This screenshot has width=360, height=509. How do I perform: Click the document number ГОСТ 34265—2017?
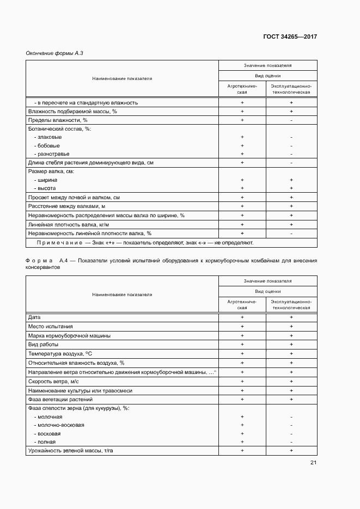[290, 37]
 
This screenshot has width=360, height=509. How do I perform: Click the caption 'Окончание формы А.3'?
[54, 53]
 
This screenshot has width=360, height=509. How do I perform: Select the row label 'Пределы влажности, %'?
[58, 120]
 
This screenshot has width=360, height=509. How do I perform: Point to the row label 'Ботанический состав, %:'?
[59, 128]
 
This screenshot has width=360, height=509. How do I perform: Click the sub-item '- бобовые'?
[47, 145]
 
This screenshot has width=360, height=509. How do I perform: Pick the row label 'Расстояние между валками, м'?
[66, 206]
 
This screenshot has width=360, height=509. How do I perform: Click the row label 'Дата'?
[34, 317]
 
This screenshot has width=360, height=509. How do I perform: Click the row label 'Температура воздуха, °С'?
[60, 354]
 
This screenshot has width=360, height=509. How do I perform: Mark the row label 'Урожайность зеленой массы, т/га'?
[74, 451]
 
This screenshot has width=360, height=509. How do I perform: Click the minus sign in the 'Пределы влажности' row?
[291, 120]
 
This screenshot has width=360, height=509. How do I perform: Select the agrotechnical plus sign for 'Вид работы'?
[242, 345]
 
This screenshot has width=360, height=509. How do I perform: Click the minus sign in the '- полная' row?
[291, 441]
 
